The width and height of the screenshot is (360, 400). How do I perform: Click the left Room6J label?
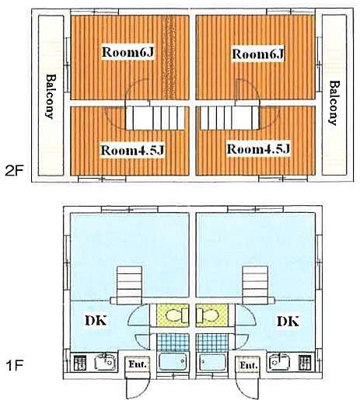coord(128,52)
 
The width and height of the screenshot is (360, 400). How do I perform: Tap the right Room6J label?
coord(257,54)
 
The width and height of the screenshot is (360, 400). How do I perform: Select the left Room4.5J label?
coord(132,151)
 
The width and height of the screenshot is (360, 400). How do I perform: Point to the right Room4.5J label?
coord(258,149)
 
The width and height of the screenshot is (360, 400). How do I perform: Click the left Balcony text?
coord(51,96)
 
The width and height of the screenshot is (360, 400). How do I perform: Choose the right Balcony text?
coord(334,103)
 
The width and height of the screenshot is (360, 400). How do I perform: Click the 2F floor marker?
coord(14,171)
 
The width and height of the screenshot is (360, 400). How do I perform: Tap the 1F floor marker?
coord(14,366)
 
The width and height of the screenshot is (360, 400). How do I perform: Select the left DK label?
coord(96,321)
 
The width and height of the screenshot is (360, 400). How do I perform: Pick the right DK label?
coord(288,322)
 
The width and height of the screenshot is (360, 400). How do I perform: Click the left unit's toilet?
coord(177,315)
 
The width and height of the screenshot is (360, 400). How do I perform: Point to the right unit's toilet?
coord(208,315)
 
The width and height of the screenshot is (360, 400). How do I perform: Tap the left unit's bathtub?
coord(173,361)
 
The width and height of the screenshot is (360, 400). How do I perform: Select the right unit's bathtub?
coord(212,361)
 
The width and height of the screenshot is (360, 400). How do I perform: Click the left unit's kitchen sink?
coord(105,362)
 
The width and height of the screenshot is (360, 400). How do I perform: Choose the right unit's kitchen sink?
coord(280,362)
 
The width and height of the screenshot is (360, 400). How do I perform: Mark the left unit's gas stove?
coord(80,363)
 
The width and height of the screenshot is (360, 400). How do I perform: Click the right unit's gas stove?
coord(305,363)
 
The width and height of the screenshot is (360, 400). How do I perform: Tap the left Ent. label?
coord(138,364)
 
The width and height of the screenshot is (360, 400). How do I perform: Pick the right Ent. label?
coord(248,365)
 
